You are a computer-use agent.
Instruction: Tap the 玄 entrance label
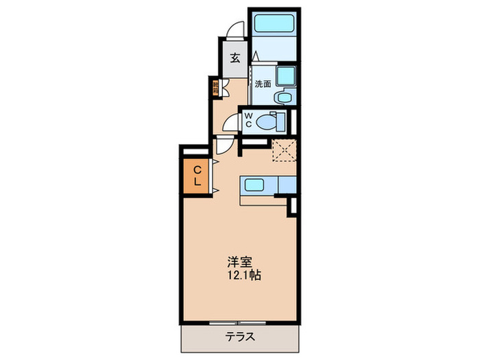(x=235, y=58)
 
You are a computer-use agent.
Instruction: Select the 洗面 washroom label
(x=263, y=84)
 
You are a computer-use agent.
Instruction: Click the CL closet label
(x=196, y=176)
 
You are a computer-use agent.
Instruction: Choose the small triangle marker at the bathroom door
(x=255, y=54)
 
